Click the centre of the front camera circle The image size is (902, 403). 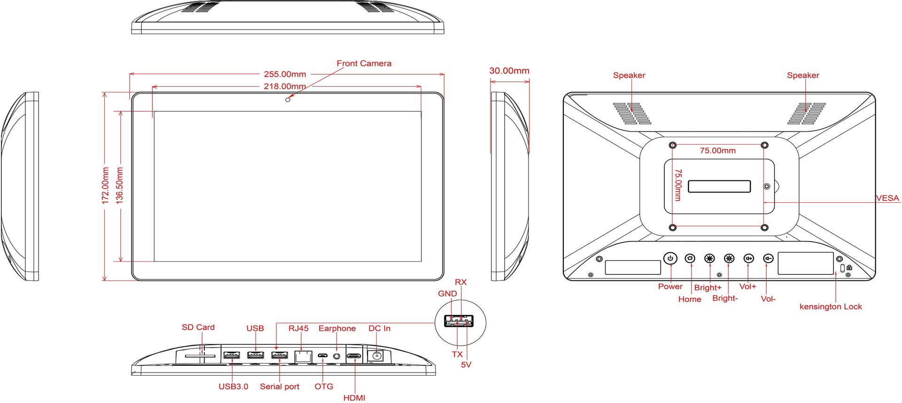click(288, 100)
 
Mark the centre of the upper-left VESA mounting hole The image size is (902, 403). click(673, 145)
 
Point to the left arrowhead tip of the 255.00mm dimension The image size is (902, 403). click(130, 74)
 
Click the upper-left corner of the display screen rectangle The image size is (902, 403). click(154, 111)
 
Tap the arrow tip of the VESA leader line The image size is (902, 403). click(764, 202)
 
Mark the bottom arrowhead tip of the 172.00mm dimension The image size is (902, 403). click(104, 281)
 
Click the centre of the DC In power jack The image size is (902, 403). click(376, 356)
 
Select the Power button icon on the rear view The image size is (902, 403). click(670, 258)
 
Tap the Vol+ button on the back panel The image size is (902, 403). click(748, 258)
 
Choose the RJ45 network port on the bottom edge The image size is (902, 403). click(303, 356)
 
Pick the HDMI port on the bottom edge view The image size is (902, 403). click(354, 356)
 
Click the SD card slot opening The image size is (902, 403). click(200, 356)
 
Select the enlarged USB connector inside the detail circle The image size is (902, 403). click(459, 321)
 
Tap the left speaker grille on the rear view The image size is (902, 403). click(632, 114)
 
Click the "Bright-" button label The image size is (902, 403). click(725, 298)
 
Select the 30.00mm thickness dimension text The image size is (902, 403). click(509, 71)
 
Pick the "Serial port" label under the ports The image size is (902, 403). click(280, 387)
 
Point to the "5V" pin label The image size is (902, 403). click(466, 364)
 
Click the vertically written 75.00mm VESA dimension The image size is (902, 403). click(678, 185)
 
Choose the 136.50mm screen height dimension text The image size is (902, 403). click(120, 185)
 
